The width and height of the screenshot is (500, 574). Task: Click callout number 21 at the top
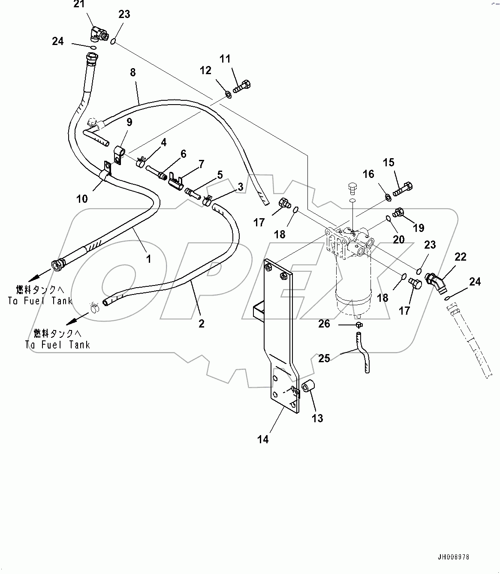coord(79,5)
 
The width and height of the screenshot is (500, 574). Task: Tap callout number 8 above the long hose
coord(133,72)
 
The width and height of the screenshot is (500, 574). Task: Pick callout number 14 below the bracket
coord(263,439)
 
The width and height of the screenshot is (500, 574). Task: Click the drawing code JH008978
coord(454,557)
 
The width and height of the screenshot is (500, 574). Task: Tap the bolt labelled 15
coord(403,189)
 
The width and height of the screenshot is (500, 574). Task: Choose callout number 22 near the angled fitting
coord(460,257)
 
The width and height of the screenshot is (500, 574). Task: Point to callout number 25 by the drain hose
coord(324,358)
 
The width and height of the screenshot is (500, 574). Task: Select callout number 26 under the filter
coord(324,324)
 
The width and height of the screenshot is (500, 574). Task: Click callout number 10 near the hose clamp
coord(82,198)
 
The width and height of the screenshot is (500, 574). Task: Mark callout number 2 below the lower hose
coord(202,324)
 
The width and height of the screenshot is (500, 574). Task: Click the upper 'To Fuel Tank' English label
coord(40,301)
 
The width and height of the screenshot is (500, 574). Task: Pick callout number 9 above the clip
coord(129,122)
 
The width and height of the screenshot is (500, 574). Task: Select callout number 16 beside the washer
coord(368,174)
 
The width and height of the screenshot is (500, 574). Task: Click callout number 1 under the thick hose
coord(148,258)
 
